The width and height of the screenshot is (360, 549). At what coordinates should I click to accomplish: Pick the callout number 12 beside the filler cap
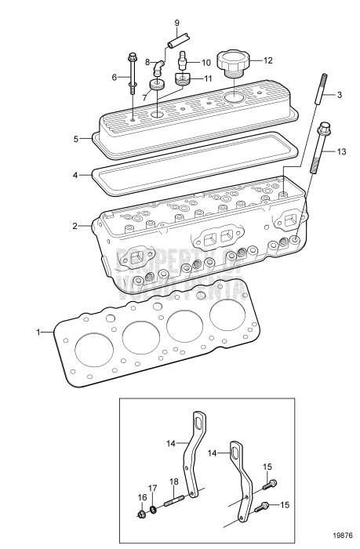(267, 59)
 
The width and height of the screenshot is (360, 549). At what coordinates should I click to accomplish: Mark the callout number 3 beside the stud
(340, 95)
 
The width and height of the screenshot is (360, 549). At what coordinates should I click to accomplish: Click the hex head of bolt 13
(324, 127)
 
